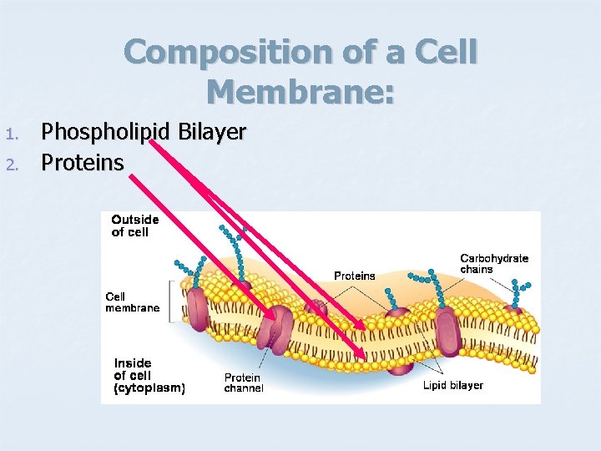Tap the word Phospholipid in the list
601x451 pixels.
[98, 132]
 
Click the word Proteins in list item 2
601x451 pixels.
[83, 162]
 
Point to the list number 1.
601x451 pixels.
[10, 134]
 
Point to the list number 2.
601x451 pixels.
[10, 163]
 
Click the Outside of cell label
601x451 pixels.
[135, 225]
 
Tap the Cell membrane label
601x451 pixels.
[132, 302]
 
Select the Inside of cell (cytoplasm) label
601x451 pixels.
[149, 375]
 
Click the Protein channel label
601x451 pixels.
[244, 383]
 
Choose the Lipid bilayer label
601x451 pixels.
[453, 385]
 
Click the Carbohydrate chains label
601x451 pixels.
[494, 264]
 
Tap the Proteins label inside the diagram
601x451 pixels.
[355, 276]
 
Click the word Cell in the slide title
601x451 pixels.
[447, 53]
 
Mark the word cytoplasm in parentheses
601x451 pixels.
[149, 388]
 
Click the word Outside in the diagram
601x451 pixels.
[135, 220]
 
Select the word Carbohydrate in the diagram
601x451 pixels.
[494, 258]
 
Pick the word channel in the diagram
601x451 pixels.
[244, 388]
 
